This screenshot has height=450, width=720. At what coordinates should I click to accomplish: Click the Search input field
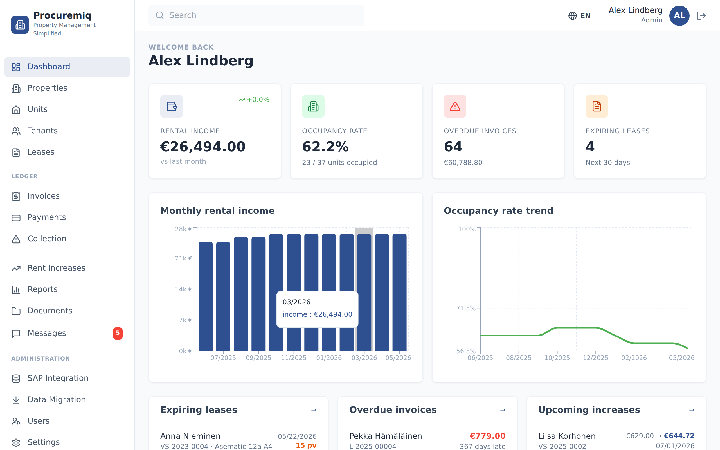tap(256, 15)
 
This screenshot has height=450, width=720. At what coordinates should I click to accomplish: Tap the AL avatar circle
tap(679, 15)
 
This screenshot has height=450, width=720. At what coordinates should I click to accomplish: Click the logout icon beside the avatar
tap(701, 15)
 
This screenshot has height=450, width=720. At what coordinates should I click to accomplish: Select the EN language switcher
tap(579, 15)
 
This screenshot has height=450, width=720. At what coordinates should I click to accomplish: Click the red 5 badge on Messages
tap(118, 333)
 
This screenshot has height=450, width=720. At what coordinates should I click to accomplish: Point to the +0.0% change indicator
tap(254, 99)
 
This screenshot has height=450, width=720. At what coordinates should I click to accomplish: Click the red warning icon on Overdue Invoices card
tap(455, 106)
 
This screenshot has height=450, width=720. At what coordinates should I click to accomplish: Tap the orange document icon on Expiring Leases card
tap(597, 106)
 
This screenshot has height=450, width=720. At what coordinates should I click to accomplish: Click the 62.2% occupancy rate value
tap(325, 147)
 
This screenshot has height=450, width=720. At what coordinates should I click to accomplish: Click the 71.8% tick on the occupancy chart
tap(466, 308)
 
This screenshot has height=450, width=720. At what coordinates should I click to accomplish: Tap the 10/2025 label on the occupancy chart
tap(557, 358)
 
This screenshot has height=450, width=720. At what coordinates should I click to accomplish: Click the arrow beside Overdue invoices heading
tap(503, 410)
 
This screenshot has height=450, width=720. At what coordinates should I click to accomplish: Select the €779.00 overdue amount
tap(487, 436)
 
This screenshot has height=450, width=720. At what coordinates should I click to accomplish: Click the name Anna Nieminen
tap(190, 436)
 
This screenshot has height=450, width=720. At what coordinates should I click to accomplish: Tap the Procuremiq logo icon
tap(20, 25)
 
